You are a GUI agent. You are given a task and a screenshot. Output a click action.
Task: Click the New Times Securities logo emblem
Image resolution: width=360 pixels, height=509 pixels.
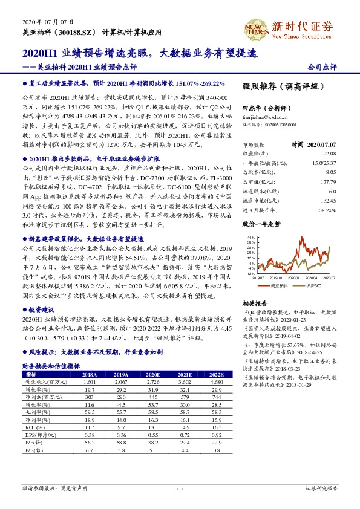[x=257, y=27]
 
